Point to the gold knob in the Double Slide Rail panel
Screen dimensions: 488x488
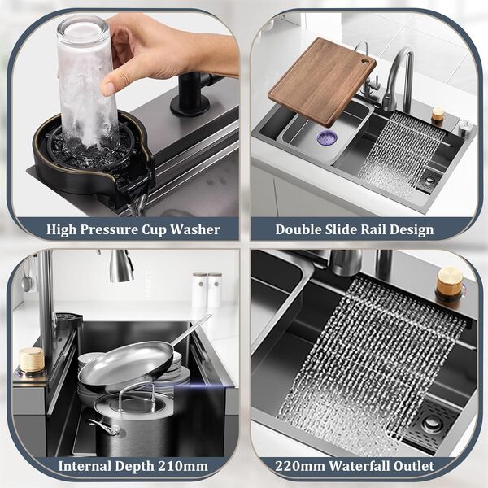point(438,115)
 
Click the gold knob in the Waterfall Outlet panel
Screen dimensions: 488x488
point(448,283)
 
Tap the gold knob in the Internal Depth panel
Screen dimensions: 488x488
point(31,361)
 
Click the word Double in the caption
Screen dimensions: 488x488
point(302,229)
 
